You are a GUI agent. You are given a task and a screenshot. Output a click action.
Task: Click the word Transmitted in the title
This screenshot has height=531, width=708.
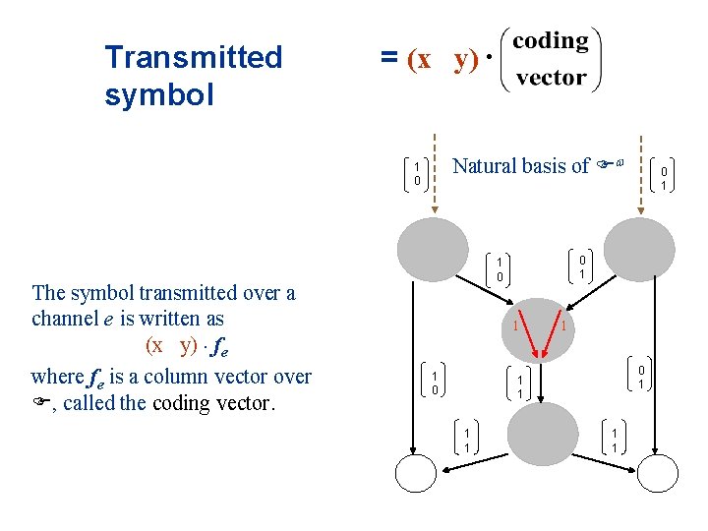point(193,57)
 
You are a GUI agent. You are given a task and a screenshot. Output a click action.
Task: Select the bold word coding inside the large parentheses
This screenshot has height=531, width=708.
point(551,41)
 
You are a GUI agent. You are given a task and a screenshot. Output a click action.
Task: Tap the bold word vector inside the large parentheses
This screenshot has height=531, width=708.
point(551,78)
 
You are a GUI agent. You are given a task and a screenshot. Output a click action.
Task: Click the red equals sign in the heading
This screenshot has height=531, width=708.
point(387,59)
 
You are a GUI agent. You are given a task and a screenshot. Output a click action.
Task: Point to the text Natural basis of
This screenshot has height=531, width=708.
point(520,166)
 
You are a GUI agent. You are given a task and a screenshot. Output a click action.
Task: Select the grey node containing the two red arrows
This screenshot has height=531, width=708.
point(537,325)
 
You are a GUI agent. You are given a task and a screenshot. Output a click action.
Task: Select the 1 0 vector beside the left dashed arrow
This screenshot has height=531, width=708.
point(417,174)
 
